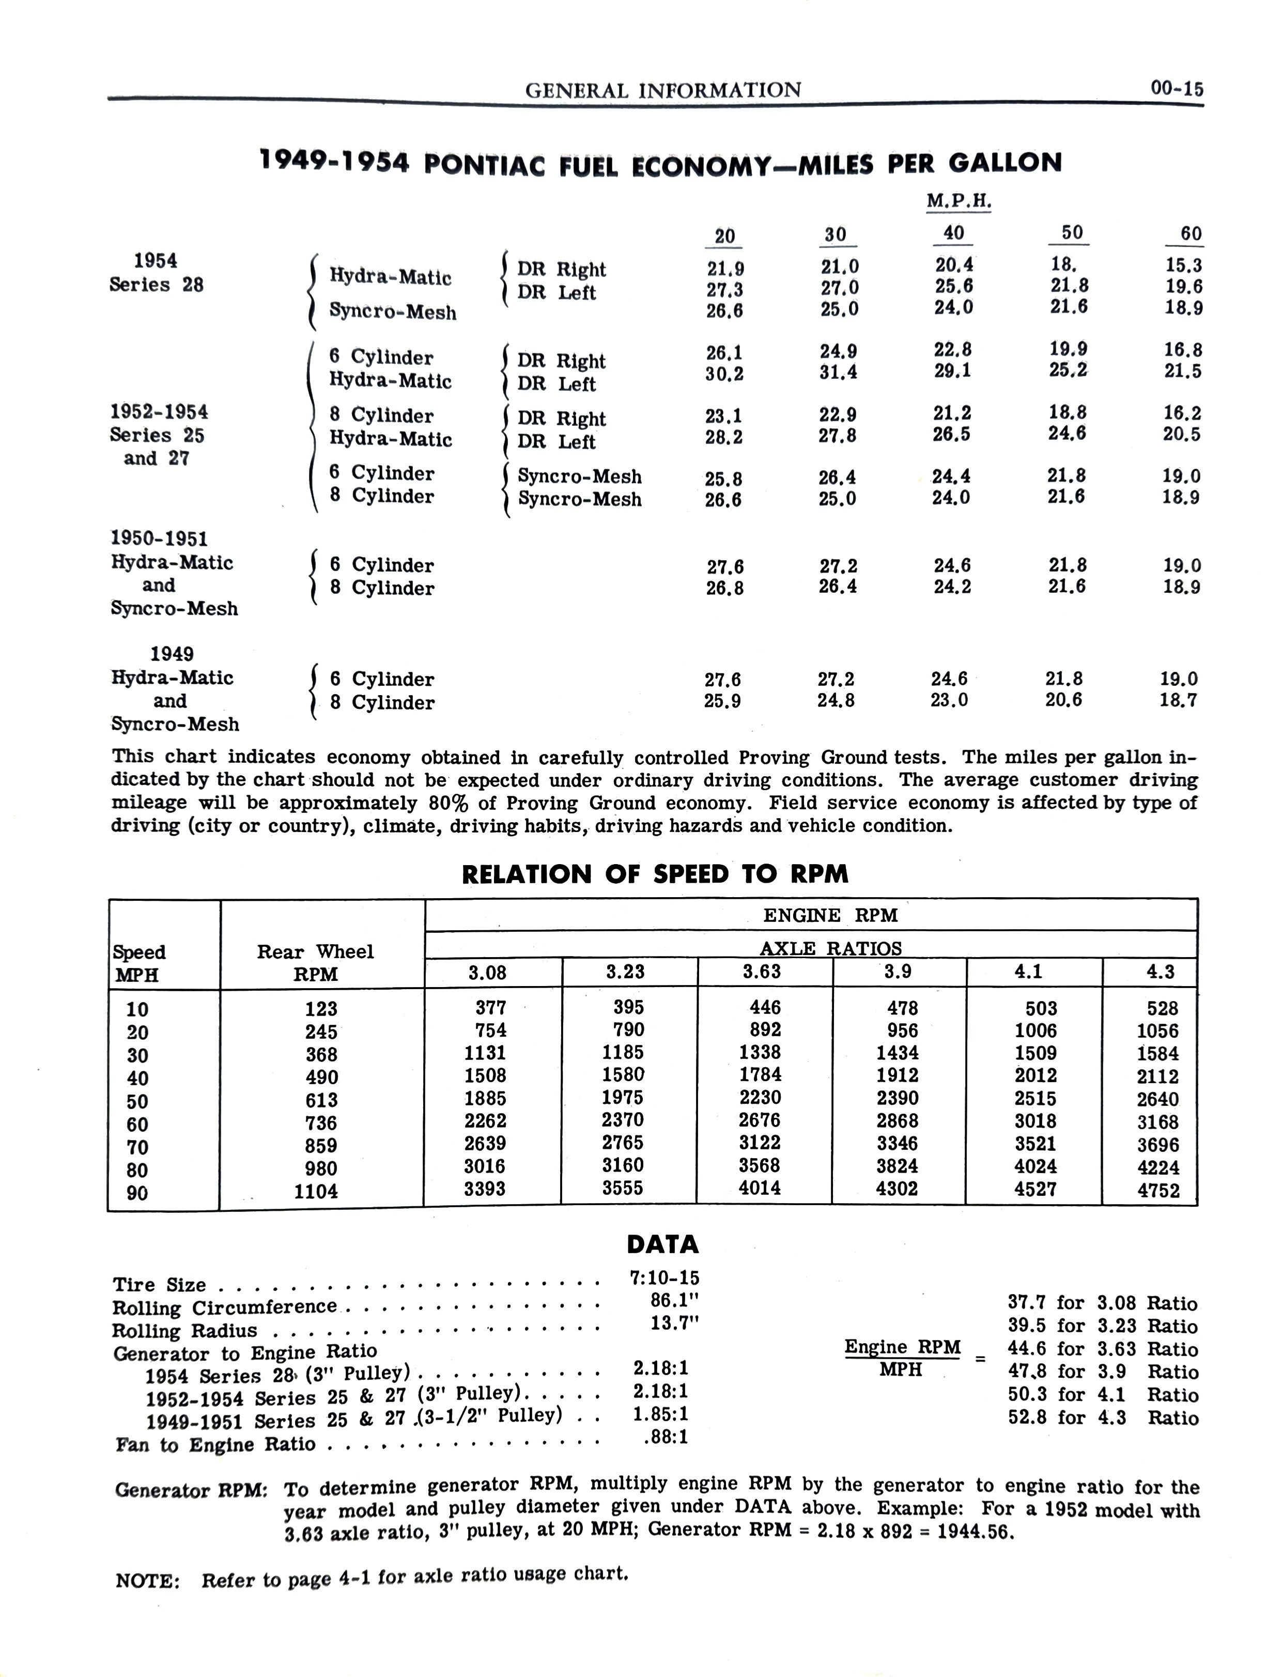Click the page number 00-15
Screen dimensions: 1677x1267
pyautogui.click(x=1176, y=89)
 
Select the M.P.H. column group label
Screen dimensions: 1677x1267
pyautogui.click(x=959, y=201)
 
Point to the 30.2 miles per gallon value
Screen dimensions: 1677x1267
pyautogui.click(x=724, y=374)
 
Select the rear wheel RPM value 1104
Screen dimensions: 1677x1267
pyautogui.click(x=316, y=1191)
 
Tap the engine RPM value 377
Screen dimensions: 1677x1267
pyautogui.click(x=490, y=1008)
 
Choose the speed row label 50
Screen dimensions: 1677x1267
pyautogui.click(x=137, y=1101)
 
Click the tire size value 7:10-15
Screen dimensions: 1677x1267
pyautogui.click(x=664, y=1278)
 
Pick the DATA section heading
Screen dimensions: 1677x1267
pyautogui.click(x=662, y=1244)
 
